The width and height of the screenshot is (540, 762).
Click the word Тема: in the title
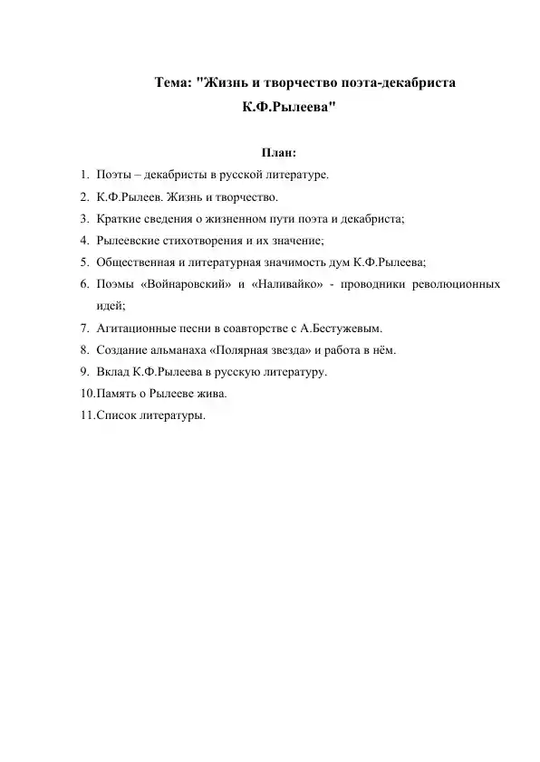pyautogui.click(x=173, y=84)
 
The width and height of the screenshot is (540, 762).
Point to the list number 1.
pyautogui.click(x=82, y=175)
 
